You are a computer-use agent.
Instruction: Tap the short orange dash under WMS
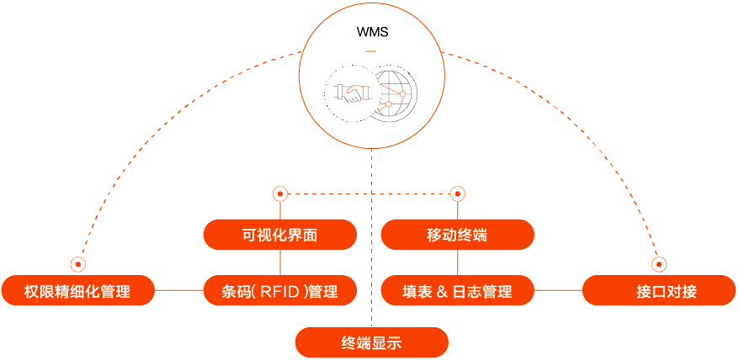(x=371, y=53)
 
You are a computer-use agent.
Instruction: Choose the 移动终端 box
(x=457, y=235)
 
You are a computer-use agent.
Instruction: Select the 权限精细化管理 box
(x=77, y=291)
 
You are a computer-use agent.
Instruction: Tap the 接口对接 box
(x=659, y=291)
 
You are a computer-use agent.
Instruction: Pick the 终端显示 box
(x=371, y=342)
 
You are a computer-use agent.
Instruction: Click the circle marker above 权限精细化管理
(x=78, y=263)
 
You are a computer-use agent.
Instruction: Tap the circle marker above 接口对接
(x=659, y=263)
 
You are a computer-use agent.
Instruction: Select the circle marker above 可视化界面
(x=280, y=193)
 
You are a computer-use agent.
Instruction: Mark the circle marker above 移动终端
(x=458, y=193)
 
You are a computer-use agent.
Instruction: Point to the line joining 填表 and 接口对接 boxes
(x=558, y=291)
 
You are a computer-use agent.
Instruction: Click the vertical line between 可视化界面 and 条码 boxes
(x=279, y=262)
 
